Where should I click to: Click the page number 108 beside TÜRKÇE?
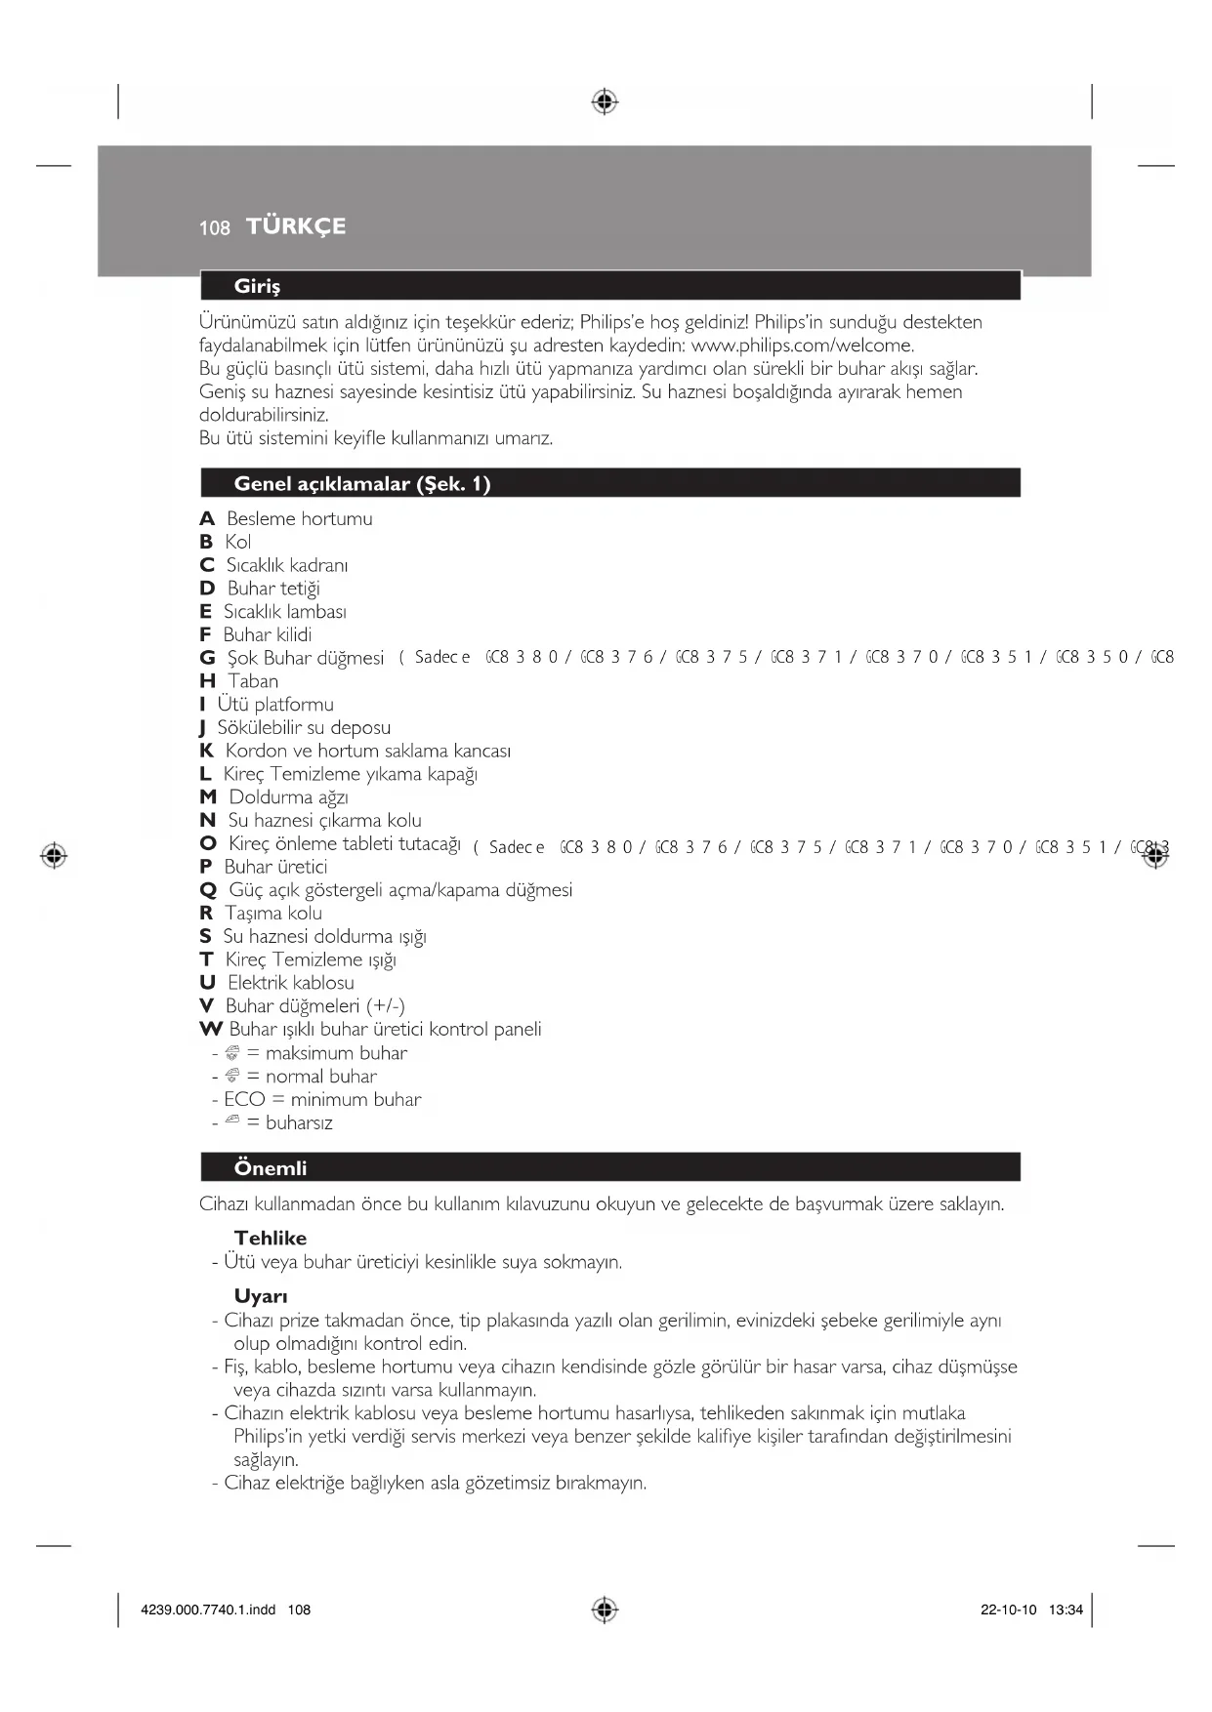[x=214, y=228]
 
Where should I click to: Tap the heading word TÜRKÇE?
[x=296, y=226]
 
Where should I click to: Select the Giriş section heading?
[x=257, y=286]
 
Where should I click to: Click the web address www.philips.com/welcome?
[x=802, y=346]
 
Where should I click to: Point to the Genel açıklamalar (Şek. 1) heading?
[x=361, y=484]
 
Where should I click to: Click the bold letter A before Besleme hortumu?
[x=207, y=519]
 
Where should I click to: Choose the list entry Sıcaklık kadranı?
[x=287, y=566]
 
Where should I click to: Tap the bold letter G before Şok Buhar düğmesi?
[x=207, y=659]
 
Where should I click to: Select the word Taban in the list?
[x=253, y=681]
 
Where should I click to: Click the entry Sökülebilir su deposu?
[x=304, y=728]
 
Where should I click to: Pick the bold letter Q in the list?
[x=208, y=890]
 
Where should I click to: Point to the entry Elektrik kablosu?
[x=291, y=983]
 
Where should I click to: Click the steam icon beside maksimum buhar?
[x=232, y=1053]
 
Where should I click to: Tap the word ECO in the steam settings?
[x=244, y=1100]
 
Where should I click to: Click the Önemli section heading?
[x=271, y=1168]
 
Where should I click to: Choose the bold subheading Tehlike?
[x=271, y=1239]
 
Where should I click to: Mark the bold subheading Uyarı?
[x=261, y=1297]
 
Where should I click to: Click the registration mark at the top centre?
[x=605, y=102]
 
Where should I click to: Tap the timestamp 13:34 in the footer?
[x=1066, y=1610]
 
